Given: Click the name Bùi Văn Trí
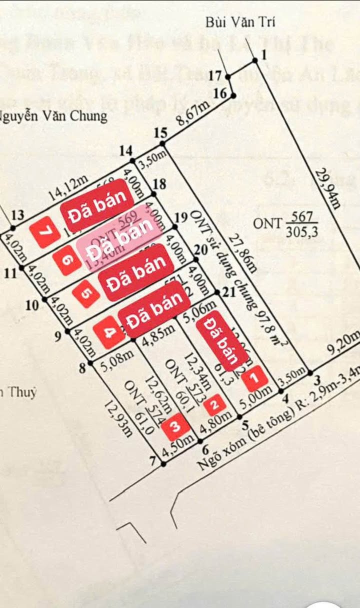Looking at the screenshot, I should point(240,22).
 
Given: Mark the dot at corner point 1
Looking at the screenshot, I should point(255,60).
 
